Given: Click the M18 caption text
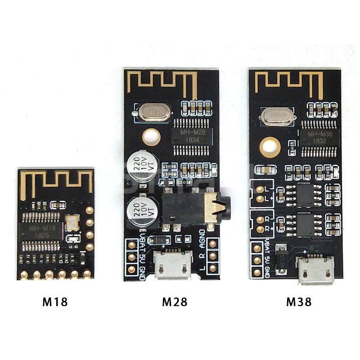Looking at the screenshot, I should [55, 301].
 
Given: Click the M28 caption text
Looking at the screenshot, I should [174, 301].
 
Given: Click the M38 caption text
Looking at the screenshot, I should [299, 301].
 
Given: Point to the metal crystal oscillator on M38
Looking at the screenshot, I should [277, 116].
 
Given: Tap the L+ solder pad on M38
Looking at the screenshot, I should [260, 198].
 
